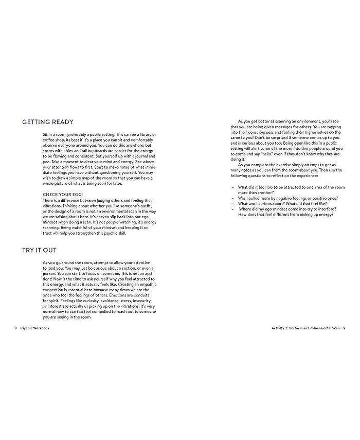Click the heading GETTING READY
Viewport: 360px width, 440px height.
pos(47,122)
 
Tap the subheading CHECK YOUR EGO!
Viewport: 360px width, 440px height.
pos(64,194)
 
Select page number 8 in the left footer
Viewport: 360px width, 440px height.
pos(16,328)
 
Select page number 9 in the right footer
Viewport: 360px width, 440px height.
pos(344,328)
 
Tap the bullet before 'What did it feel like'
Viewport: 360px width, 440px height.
pos(233,187)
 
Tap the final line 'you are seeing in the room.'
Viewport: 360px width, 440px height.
pos(67,318)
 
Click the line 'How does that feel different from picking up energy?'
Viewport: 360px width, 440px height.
pos(285,214)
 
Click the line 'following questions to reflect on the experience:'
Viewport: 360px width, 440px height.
pos(278,176)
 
